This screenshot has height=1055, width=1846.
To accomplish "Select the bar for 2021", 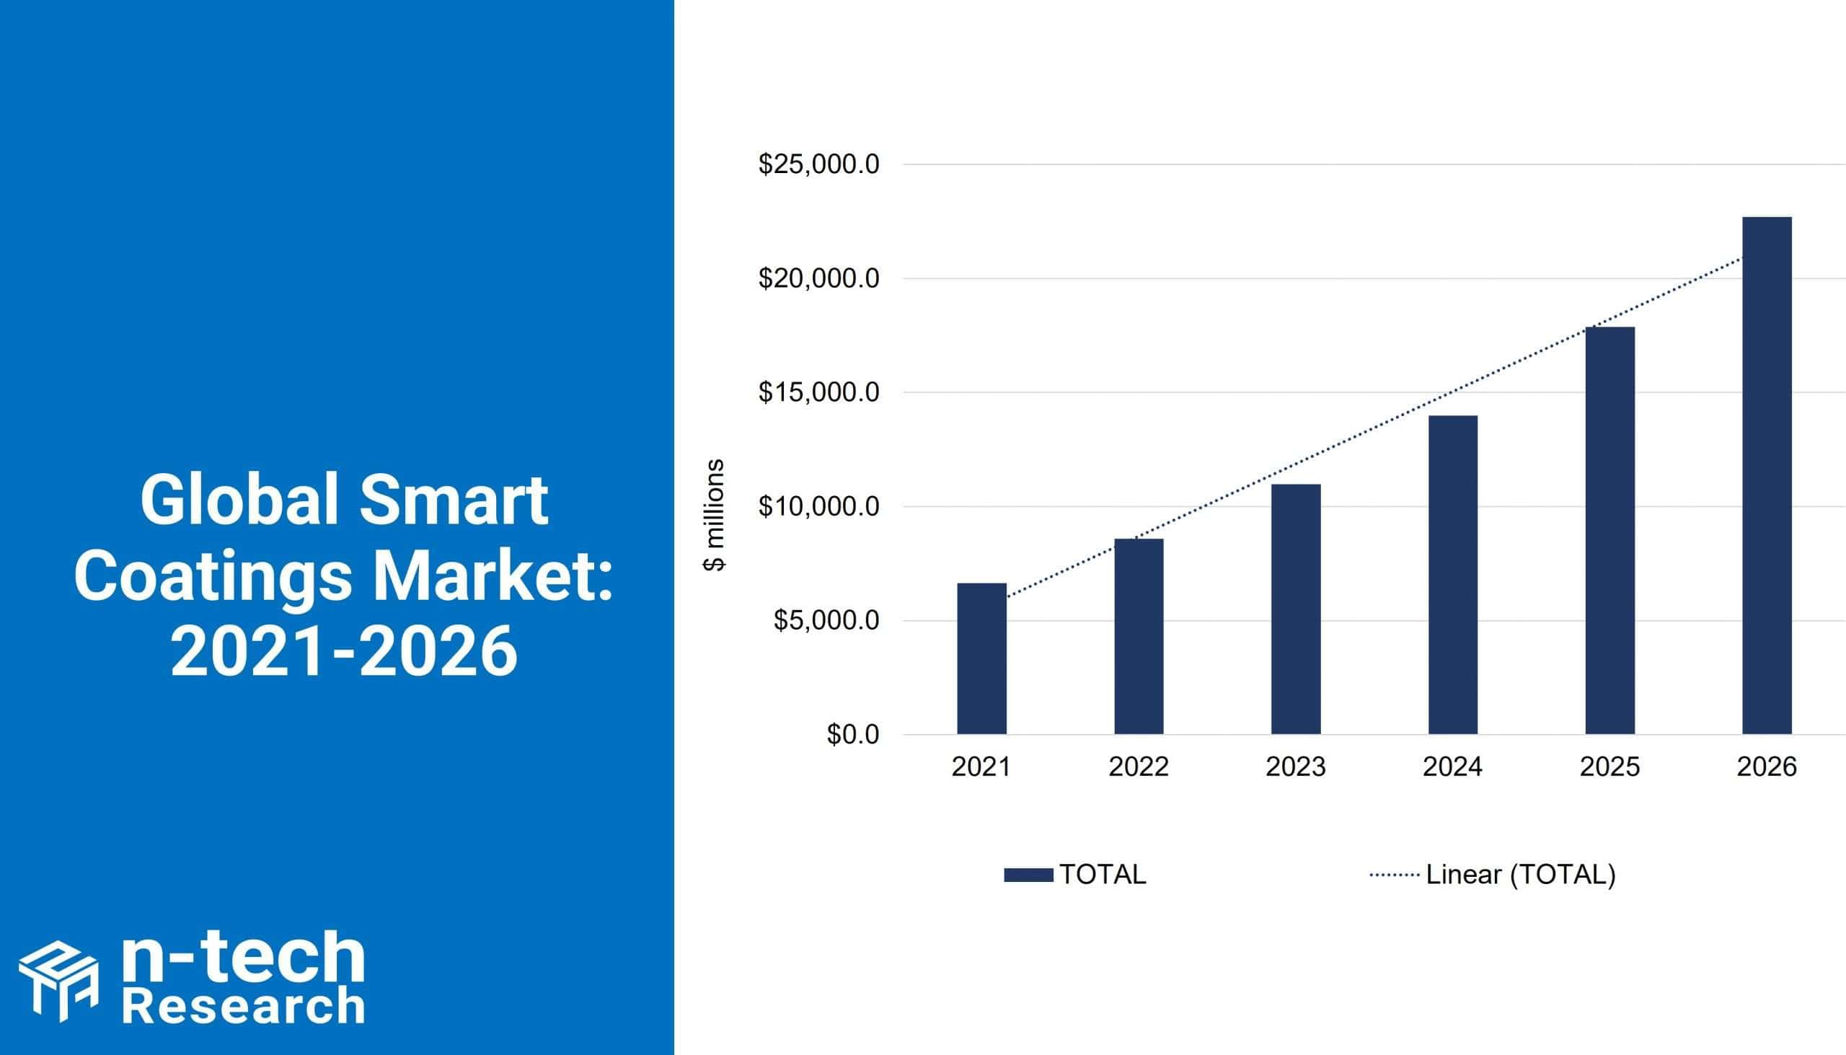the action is pyautogui.click(x=981, y=658).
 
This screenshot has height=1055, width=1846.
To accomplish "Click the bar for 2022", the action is pyautogui.click(x=1139, y=636).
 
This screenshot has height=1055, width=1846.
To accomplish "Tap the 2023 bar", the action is pyautogui.click(x=1296, y=609).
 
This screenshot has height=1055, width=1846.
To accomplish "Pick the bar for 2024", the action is pyautogui.click(x=1453, y=575).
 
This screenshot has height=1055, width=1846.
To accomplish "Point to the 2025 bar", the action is pyautogui.click(x=1609, y=531).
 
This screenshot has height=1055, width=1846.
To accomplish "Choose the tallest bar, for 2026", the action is pyautogui.click(x=1767, y=475).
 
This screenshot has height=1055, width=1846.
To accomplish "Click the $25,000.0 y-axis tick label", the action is pyautogui.click(x=818, y=164).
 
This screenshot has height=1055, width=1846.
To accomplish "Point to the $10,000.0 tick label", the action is pyautogui.click(x=818, y=506).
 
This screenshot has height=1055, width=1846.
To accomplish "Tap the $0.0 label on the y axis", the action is pyautogui.click(x=853, y=735).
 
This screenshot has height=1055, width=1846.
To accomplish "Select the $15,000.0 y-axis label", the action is pyautogui.click(x=818, y=393).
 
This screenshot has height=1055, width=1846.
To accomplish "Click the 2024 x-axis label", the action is pyautogui.click(x=1452, y=767).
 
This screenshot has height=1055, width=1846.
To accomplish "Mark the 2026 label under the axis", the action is pyautogui.click(x=1767, y=767).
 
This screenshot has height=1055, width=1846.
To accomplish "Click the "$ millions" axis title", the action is pyautogui.click(x=715, y=515).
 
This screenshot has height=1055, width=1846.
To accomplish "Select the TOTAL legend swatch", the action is pyautogui.click(x=1028, y=875).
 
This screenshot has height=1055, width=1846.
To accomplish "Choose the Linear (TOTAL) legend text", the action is pyautogui.click(x=1521, y=875).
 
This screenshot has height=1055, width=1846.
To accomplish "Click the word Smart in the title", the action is pyautogui.click(x=453, y=500).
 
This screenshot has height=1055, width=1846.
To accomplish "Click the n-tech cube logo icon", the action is pyautogui.click(x=58, y=982).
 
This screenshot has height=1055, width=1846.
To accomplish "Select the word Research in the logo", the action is pyautogui.click(x=244, y=1007).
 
